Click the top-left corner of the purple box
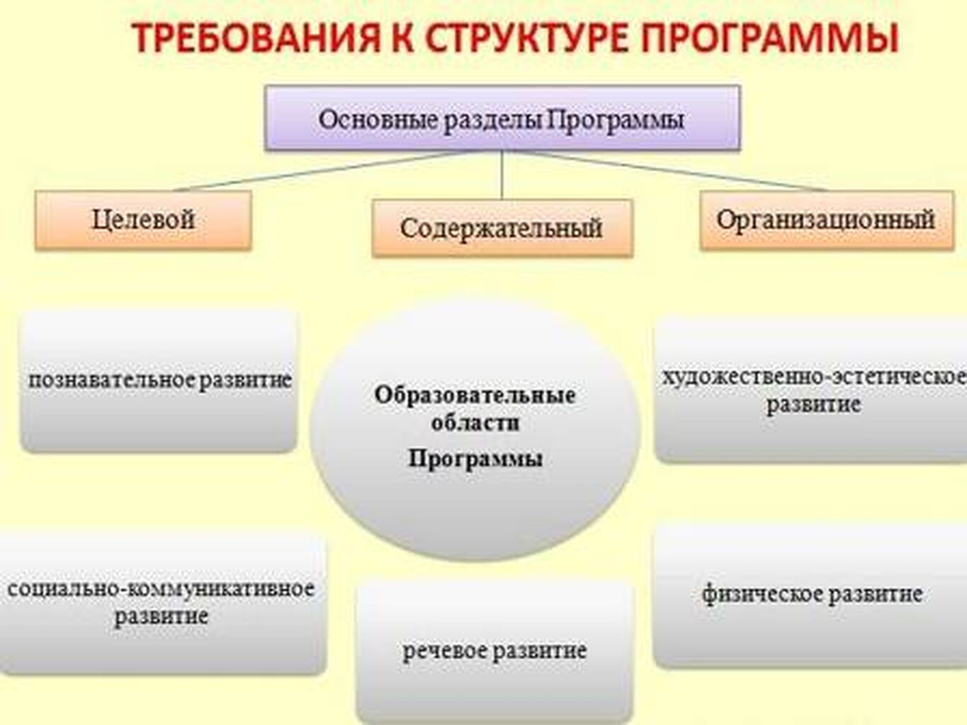point(265,86)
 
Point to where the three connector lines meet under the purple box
point(502,151)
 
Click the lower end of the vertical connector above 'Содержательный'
point(502,200)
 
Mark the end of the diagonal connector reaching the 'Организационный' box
point(828,191)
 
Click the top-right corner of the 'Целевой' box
point(251,191)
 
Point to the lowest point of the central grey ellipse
point(475,561)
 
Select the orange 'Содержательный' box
point(503,228)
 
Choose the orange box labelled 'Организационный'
point(827,220)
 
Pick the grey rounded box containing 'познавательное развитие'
point(159,381)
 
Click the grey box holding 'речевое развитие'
point(494,651)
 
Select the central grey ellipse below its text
point(475,515)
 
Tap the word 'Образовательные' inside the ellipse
point(475,395)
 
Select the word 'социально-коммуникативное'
point(161,588)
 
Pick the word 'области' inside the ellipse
point(475,423)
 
